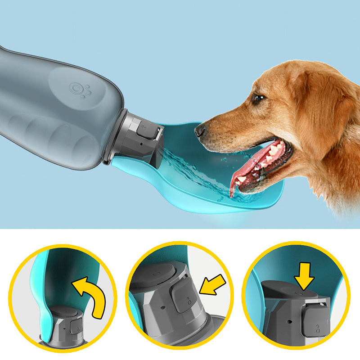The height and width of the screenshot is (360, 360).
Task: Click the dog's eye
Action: (x=257, y=99)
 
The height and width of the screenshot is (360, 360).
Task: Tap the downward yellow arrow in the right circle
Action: (x=305, y=275)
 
